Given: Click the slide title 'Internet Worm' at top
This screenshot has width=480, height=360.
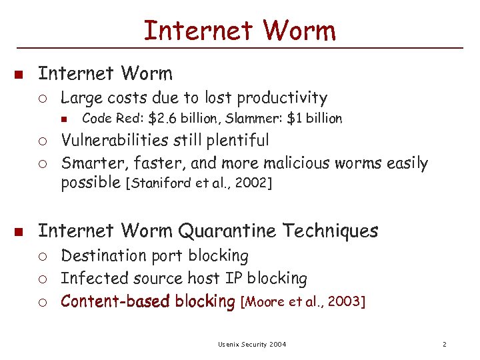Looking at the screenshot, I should click(240, 30).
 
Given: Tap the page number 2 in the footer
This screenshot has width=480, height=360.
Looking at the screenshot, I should click(443, 344).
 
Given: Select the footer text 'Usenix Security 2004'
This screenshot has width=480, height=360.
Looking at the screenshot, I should click(252, 344).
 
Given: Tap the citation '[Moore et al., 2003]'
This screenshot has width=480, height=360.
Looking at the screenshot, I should click(303, 302).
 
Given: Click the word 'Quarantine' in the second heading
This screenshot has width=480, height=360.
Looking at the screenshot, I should click(227, 231).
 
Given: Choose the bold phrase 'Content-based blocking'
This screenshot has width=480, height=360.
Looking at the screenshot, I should click(148, 301).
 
